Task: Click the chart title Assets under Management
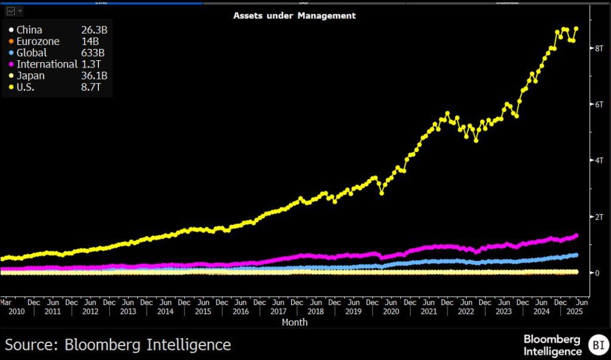(x=294, y=16)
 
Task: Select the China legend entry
(x=29, y=30)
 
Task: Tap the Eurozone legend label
(x=38, y=41)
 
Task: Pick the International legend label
(x=47, y=64)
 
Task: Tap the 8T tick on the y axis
(x=597, y=48)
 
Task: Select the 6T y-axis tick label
(x=597, y=104)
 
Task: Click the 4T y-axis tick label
(x=597, y=161)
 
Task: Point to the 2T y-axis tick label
(x=597, y=217)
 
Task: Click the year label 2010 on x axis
(x=15, y=312)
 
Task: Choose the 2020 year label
(x=391, y=312)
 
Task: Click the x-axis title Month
(x=295, y=322)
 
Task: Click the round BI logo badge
(x=597, y=344)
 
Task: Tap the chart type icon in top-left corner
(x=11, y=11)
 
